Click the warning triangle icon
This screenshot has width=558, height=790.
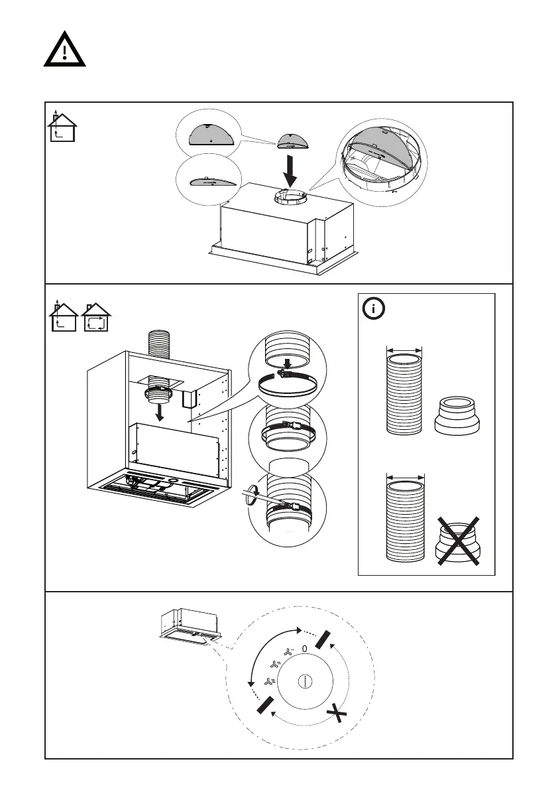[65, 50]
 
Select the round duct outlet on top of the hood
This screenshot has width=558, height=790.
[290, 197]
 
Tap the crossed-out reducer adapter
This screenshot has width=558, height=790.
[457, 541]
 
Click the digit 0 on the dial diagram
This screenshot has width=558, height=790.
[304, 648]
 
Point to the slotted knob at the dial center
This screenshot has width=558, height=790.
[305, 681]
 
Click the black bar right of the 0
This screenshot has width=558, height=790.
[323, 638]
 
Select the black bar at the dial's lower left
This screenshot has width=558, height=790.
[264, 705]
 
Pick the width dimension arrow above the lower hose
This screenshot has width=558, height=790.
[404, 476]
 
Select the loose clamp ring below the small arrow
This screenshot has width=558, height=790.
[287, 384]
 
